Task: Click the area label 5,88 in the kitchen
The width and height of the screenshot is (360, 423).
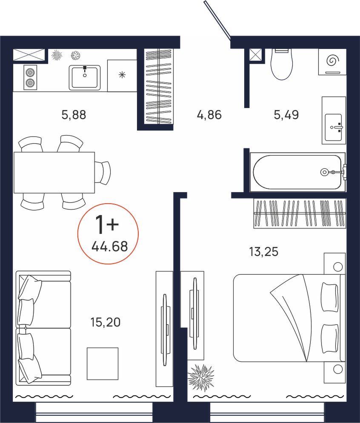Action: pyautogui.click(x=74, y=115)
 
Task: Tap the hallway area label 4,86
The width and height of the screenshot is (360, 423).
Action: pyautogui.click(x=209, y=115)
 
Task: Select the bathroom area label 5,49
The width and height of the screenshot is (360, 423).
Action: pyautogui.click(x=286, y=115)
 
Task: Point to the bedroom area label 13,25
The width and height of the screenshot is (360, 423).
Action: pyautogui.click(x=263, y=252)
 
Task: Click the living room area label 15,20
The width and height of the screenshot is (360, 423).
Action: pyautogui.click(x=106, y=322)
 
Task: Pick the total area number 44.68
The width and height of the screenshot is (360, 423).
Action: pyautogui.click(x=110, y=246)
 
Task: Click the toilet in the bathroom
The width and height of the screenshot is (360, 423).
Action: pyautogui.click(x=282, y=64)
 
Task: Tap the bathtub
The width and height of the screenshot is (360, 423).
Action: pyautogui.click(x=297, y=172)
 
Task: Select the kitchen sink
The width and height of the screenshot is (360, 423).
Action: pyautogui.click(x=85, y=77)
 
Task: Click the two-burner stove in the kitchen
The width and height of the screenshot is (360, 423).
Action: pyautogui.click(x=30, y=77)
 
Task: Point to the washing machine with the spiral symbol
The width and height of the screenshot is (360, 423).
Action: pyautogui.click(x=332, y=62)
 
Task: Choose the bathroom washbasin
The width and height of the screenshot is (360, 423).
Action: pyautogui.click(x=334, y=120)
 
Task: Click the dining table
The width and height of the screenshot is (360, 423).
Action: pyautogui.click(x=54, y=172)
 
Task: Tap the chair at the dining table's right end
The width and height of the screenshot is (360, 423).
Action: pyautogui.click(x=103, y=173)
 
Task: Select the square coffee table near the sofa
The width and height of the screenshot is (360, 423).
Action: pyautogui.click(x=103, y=363)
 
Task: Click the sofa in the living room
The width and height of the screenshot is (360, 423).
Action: pyautogui.click(x=43, y=328)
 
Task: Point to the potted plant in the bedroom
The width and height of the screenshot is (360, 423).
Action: pyautogui.click(x=201, y=378)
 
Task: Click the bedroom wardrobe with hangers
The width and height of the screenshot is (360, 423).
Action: pyautogui.click(x=300, y=213)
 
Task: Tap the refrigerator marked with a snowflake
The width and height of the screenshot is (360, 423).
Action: pyautogui.click(x=123, y=76)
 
